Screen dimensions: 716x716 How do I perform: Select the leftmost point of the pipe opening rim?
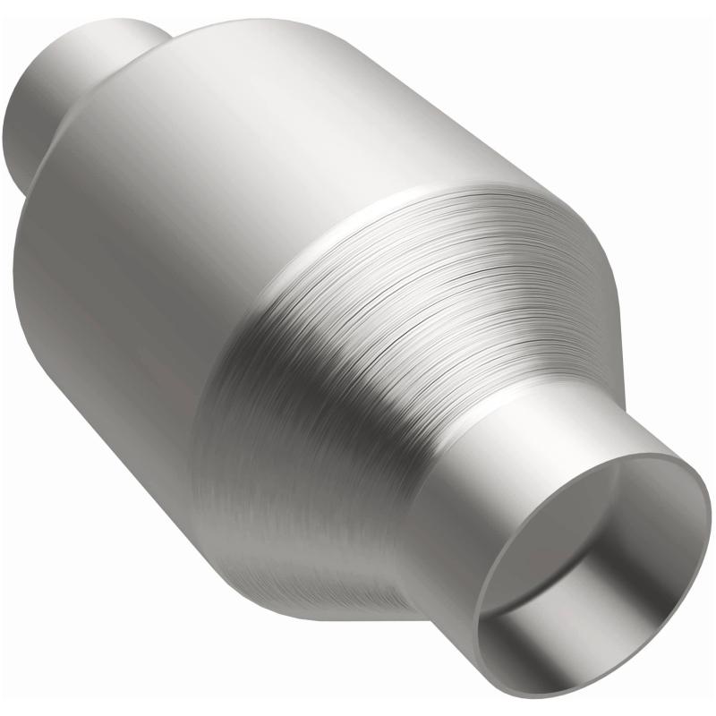[474, 626]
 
